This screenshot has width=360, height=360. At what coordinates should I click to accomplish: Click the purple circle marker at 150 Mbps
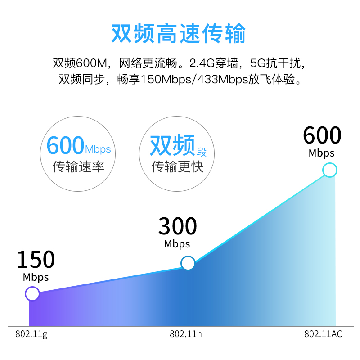pyautogui.click(x=32, y=294)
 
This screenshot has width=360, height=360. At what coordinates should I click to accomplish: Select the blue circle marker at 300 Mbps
pyautogui.click(x=188, y=263)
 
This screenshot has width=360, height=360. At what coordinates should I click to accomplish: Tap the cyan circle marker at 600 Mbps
pyautogui.click(x=330, y=170)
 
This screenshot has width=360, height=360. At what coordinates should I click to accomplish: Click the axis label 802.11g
pyautogui.click(x=31, y=334)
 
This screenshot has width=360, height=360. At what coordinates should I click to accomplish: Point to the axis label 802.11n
pyautogui.click(x=186, y=334)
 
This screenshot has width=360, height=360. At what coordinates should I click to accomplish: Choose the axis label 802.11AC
pyautogui.click(x=323, y=334)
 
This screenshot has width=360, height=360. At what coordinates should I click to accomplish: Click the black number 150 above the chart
pyautogui.click(x=36, y=259)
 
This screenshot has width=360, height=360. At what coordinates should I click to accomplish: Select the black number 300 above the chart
pyautogui.click(x=177, y=226)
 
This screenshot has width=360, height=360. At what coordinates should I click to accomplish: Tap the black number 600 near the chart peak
pyautogui.click(x=322, y=135)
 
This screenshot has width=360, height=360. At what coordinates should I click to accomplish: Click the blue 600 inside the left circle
pyautogui.click(x=65, y=145)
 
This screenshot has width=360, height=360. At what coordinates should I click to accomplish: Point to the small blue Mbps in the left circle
pyautogui.click(x=98, y=149)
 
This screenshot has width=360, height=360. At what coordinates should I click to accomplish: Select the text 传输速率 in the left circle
pyautogui.click(x=78, y=166)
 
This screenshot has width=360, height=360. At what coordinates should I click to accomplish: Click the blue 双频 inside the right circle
pyautogui.click(x=172, y=145)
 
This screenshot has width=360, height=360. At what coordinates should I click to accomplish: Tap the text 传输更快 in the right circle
pyautogui.click(x=177, y=166)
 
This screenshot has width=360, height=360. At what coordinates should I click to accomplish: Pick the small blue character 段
pyautogui.click(x=202, y=152)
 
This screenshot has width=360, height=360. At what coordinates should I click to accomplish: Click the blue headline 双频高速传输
pyautogui.click(x=179, y=33)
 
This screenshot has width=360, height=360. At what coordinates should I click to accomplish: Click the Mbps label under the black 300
pyautogui.click(x=177, y=244)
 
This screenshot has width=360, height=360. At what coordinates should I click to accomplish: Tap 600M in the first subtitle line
pyautogui.click(x=92, y=63)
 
